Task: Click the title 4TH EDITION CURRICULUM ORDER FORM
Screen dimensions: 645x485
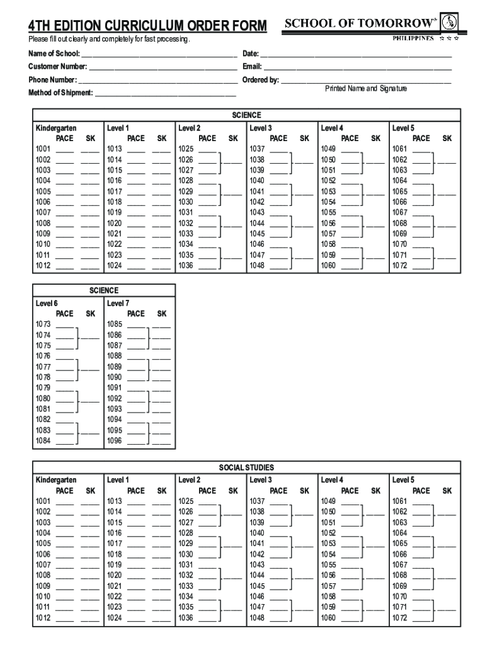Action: point(147,26)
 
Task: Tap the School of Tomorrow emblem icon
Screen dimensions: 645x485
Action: point(448,23)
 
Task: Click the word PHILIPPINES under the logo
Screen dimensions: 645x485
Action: point(413,38)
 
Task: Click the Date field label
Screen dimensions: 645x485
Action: point(251,53)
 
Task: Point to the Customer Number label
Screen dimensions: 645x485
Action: point(57,67)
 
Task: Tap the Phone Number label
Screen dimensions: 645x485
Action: point(52,80)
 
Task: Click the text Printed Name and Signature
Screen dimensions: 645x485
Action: point(366,89)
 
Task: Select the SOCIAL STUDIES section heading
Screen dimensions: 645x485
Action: point(246,468)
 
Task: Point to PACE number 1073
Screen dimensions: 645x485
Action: point(43,324)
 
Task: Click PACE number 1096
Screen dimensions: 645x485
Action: point(114,441)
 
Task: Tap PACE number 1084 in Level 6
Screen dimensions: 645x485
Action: point(43,441)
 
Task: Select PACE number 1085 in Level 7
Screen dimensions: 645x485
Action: point(114,324)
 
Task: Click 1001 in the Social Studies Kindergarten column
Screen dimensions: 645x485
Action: point(43,501)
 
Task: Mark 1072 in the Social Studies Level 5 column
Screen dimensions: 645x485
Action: point(399,618)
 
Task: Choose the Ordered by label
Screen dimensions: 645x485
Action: point(261,80)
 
